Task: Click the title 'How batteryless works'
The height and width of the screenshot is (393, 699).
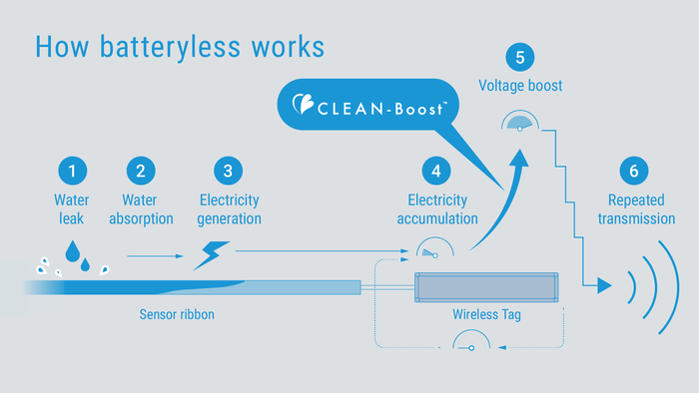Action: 180,46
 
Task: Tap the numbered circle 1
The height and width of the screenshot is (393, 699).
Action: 72,171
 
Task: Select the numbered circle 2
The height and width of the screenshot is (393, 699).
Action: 140,171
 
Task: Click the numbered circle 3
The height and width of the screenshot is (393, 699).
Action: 228,171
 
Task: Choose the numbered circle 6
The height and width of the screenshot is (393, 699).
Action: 633,171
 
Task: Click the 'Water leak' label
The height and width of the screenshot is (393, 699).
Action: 72,208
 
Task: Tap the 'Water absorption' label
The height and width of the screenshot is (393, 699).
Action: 140,208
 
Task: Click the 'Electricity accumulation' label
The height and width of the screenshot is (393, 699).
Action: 435,208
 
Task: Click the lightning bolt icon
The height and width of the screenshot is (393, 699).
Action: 212,255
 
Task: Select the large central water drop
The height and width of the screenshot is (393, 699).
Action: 72,252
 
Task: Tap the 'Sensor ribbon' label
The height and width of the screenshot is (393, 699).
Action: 175,314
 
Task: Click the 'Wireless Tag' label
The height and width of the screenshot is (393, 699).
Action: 486,314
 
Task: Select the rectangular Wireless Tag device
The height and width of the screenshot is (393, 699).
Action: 486,286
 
